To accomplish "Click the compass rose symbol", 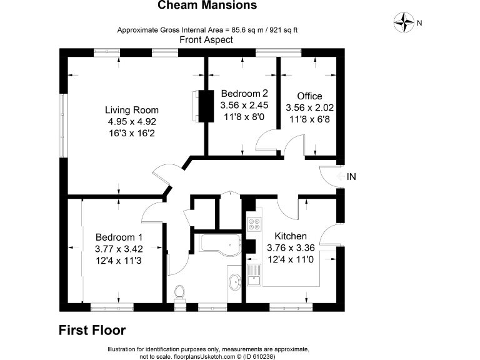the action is tap(404, 22).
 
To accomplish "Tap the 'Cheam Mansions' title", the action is tap(207, 5).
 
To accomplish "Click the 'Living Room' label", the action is tap(132, 110).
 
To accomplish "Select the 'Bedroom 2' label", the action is tap(244, 93).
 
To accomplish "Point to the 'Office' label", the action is tap(309, 96).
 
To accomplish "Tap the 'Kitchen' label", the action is tap(291, 236).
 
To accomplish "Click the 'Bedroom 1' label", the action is tap(119, 237).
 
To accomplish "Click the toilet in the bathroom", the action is tap(179, 292).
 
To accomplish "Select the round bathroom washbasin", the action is tap(235, 282).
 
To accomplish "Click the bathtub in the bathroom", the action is tap(221, 243).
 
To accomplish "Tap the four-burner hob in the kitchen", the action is tap(254, 224).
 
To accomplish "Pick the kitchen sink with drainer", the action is tap(254, 275).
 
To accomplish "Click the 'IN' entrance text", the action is tap(351, 177).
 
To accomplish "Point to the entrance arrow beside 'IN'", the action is tap(341, 177).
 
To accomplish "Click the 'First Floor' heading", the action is tap(92, 330).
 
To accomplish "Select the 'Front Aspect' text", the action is tap(206, 40).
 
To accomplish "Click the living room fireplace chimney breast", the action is tap(206, 106).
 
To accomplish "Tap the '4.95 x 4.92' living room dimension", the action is tap(132, 121).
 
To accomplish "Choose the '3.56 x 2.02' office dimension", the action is tap(309, 107).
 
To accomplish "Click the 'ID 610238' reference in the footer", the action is tap(259, 357).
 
